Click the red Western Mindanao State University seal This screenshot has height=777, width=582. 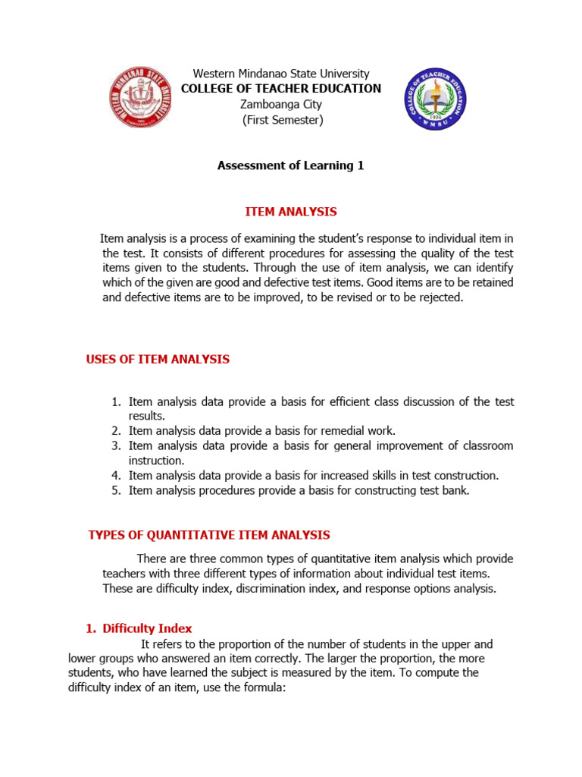click(x=141, y=98)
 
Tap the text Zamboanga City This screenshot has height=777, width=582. click(x=282, y=104)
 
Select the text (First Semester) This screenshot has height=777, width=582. click(x=282, y=120)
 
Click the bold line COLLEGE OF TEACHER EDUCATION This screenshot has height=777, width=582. click(x=281, y=89)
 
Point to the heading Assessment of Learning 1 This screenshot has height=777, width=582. click(x=291, y=165)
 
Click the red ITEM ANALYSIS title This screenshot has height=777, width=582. click(x=291, y=212)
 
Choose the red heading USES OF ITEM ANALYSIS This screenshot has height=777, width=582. click(x=158, y=359)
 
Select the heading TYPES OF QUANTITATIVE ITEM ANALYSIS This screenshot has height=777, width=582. click(x=209, y=535)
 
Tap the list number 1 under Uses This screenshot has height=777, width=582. click(x=116, y=402)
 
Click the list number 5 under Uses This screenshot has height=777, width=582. click(x=116, y=490)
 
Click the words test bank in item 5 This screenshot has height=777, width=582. click(x=444, y=490)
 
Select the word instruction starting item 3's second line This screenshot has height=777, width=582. click(x=156, y=461)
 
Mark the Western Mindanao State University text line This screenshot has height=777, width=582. click(x=281, y=74)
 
